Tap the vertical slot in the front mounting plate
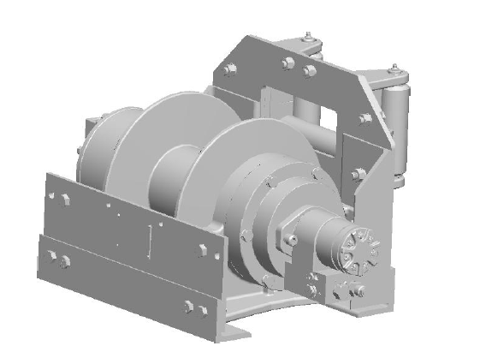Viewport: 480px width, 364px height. point(152,239)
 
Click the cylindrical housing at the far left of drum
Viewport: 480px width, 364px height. point(96,150)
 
